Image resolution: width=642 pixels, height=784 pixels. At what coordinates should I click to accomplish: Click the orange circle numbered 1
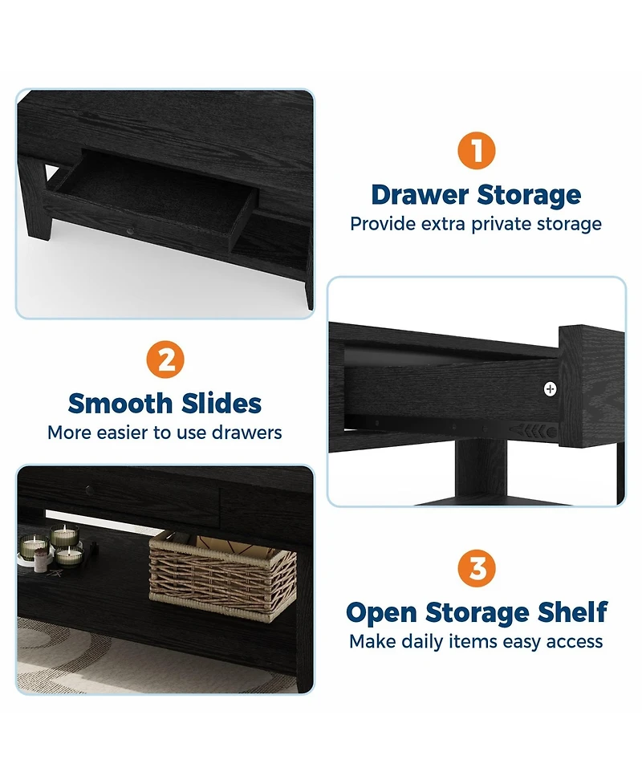click(x=477, y=151)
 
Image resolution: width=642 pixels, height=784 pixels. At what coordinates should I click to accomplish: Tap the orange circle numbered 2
click(x=165, y=360)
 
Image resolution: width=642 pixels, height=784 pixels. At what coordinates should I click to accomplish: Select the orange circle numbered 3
click(x=477, y=568)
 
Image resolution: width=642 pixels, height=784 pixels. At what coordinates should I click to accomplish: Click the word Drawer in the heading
click(x=420, y=194)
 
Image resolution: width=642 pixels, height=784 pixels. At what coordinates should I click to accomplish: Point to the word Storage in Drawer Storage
click(x=529, y=196)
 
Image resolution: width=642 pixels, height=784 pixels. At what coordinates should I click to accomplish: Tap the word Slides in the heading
click(x=221, y=403)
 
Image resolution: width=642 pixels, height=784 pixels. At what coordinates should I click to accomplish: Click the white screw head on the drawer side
click(x=550, y=388)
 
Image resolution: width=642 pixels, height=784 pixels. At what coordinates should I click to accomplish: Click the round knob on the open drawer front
click(x=131, y=231)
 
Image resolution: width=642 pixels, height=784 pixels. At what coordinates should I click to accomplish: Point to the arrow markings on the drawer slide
click(x=530, y=430)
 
